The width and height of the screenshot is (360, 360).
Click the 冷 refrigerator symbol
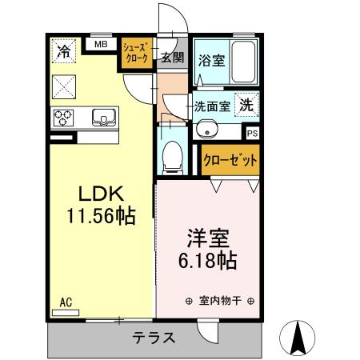pyautogui.click(x=62, y=51)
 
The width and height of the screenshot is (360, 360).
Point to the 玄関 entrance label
pyautogui.click(x=171, y=57)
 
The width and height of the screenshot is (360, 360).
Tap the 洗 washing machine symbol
pyautogui.click(x=249, y=104)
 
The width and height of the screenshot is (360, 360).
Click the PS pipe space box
pyautogui.click(x=252, y=134)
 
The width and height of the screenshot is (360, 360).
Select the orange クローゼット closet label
pyautogui.click(x=230, y=160)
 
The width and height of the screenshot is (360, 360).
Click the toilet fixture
pyautogui.click(x=170, y=157)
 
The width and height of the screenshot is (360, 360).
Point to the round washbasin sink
pyautogui.click(x=207, y=127)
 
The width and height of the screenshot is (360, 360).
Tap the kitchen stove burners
pyautogui.click(x=64, y=118)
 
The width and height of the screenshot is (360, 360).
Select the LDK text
pyautogui.click(x=100, y=195)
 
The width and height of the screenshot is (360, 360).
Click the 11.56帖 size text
pyautogui.click(x=100, y=217)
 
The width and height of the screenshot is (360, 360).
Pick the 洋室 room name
pyautogui.click(x=208, y=238)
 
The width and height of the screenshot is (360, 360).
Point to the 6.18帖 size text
pyautogui.click(x=208, y=260)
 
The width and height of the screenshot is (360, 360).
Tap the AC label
pyautogui.click(x=66, y=302)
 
